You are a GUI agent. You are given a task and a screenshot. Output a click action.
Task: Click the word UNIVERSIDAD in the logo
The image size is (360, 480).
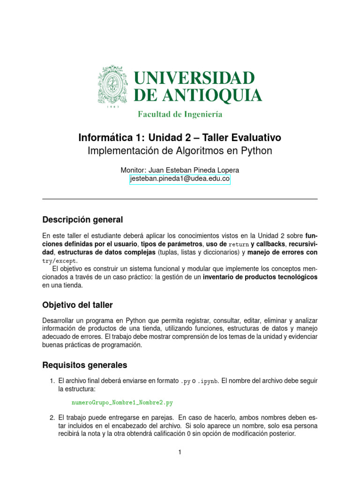tap(195, 78)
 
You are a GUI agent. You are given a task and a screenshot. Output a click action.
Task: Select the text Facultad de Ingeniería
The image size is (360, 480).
tap(180, 114)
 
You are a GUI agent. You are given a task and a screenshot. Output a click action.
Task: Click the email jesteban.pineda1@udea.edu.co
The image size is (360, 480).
tap(180, 179)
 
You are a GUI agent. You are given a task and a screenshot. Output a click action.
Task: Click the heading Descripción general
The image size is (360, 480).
tap(82, 219)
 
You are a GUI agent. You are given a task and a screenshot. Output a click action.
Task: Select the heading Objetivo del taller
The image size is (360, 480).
tap(77, 305)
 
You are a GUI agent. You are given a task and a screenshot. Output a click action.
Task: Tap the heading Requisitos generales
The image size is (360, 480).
tap(84, 365)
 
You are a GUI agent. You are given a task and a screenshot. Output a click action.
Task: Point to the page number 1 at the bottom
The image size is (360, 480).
tap(180, 452)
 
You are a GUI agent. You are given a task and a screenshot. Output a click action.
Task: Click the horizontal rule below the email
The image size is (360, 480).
tap(180, 199)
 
